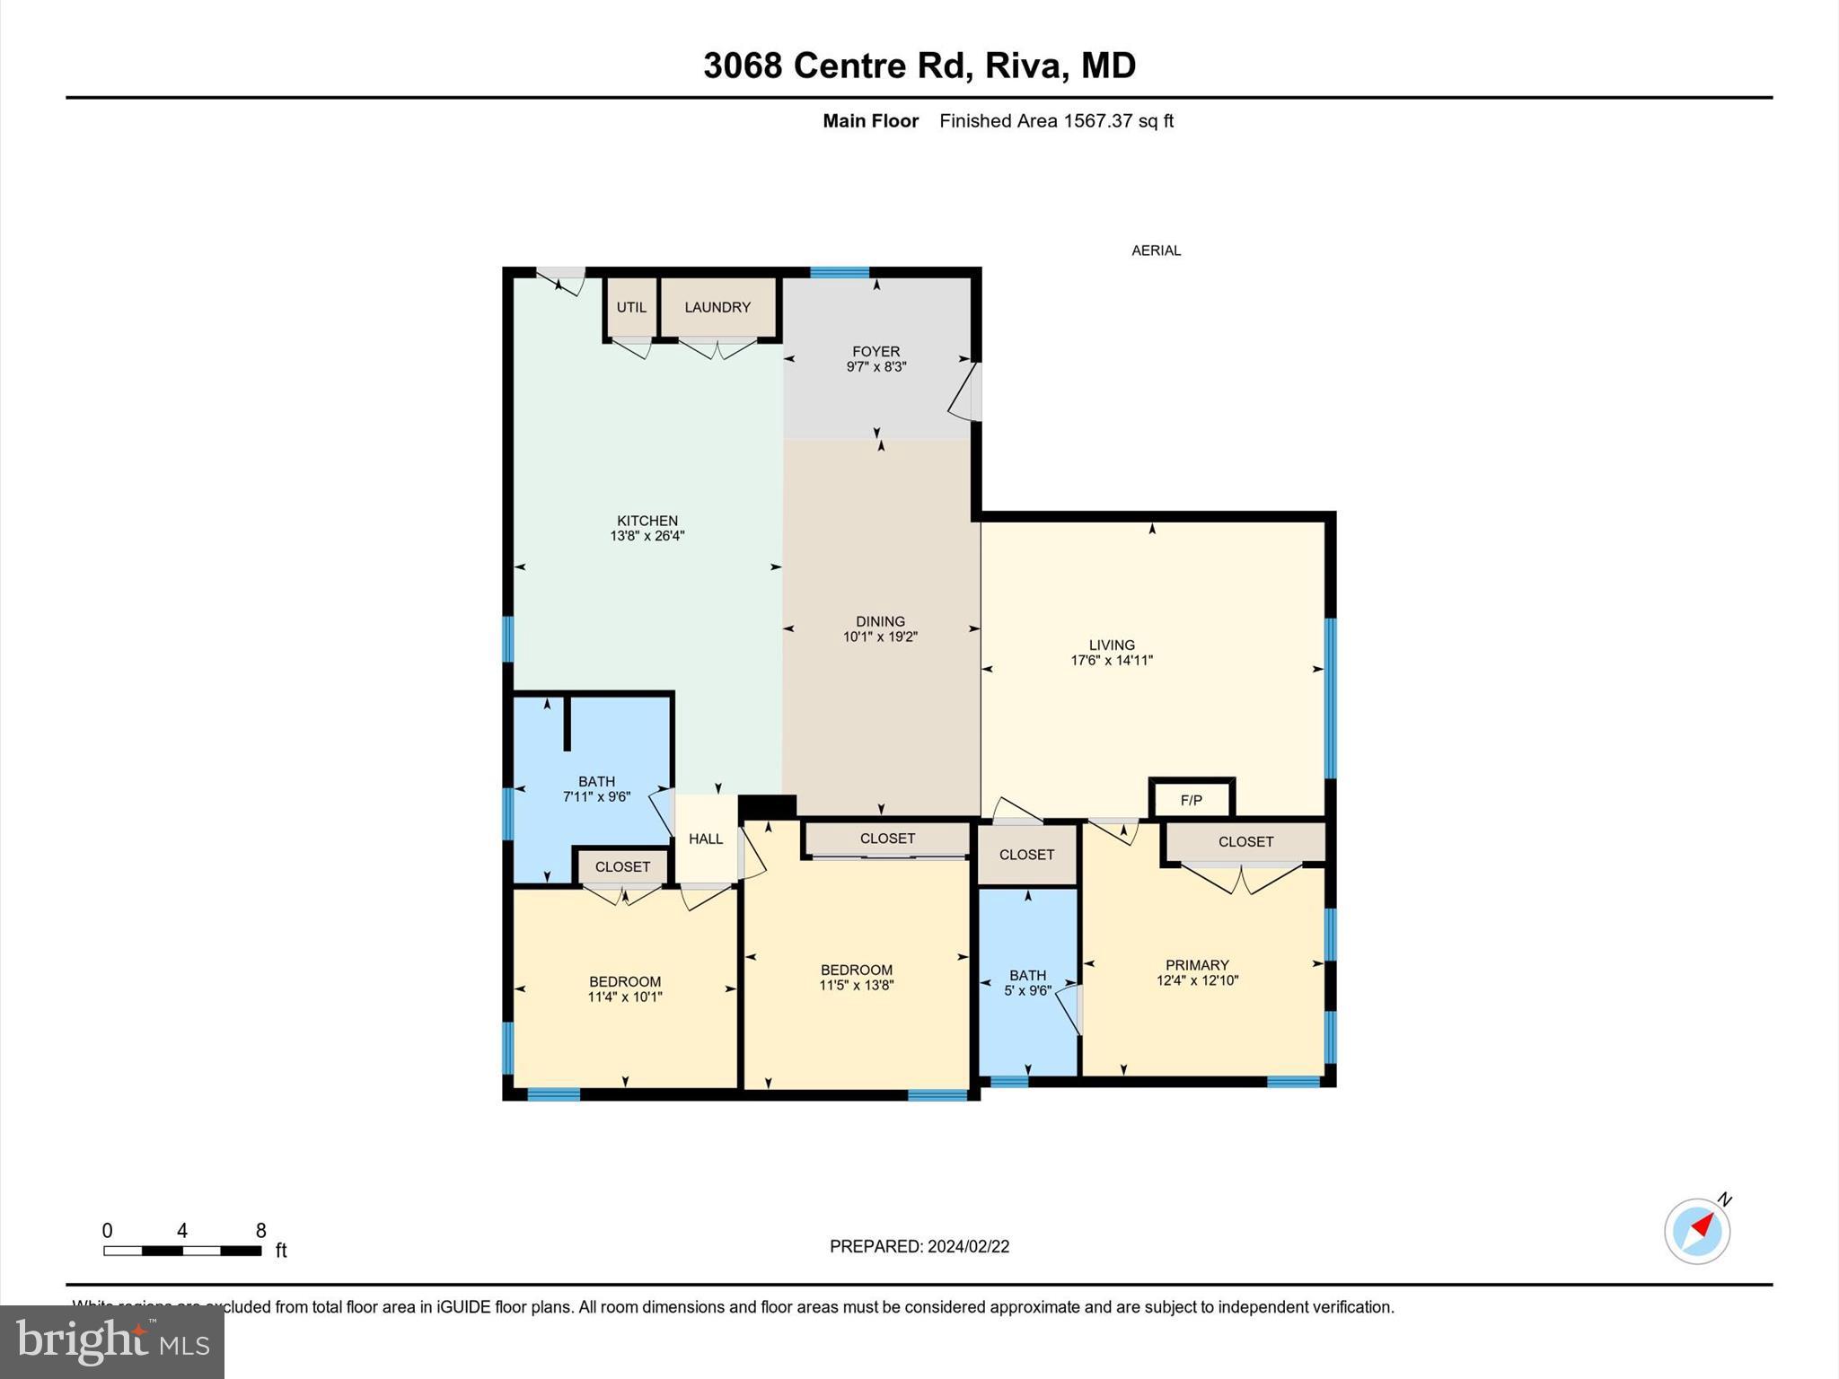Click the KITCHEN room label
point(647,521)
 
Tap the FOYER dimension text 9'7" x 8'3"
point(876,367)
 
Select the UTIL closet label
point(631,307)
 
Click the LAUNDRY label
point(717,307)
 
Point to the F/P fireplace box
point(1192,800)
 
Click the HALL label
point(706,839)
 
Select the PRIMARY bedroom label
point(1197,965)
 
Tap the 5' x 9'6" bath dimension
point(1027,991)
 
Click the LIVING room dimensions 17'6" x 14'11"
point(1112,661)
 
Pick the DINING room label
point(880,621)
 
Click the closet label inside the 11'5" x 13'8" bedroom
point(887,839)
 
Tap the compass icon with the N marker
point(1697,1231)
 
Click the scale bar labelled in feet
point(182,1250)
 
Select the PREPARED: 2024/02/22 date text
point(919,1246)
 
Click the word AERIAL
point(1156,250)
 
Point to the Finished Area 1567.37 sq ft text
point(1056,121)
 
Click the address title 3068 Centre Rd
point(919,66)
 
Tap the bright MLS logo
point(112,1341)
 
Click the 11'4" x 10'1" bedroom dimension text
point(625,997)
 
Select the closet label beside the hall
point(622,867)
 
